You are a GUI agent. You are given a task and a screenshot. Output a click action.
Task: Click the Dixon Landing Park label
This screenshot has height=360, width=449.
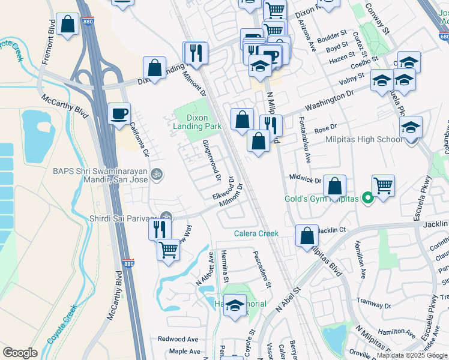tap(197, 122)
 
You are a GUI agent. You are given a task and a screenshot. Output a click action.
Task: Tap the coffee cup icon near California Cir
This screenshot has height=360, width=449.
tap(119, 113)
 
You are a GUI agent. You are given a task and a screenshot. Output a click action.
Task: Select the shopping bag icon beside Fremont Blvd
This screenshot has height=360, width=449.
tap(68, 25)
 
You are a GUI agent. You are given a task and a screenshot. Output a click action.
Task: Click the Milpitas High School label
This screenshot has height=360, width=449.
tap(364, 140)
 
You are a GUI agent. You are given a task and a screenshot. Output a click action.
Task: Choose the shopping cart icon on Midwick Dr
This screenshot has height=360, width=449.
tap(383, 186)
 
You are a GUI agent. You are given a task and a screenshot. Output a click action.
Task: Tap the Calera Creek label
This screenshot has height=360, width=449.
tap(256, 234)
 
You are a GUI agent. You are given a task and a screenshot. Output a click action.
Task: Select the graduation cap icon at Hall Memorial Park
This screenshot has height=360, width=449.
tap(235, 305)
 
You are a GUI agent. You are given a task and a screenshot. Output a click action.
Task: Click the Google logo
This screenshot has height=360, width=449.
tap(20, 353)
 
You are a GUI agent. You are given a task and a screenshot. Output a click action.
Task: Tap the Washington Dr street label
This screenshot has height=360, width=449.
tap(329, 96)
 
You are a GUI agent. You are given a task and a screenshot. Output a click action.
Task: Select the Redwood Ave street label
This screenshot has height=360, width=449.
tap(178, 339)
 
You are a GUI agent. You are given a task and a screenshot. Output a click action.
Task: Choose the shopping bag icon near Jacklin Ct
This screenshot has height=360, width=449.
tap(307, 236)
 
